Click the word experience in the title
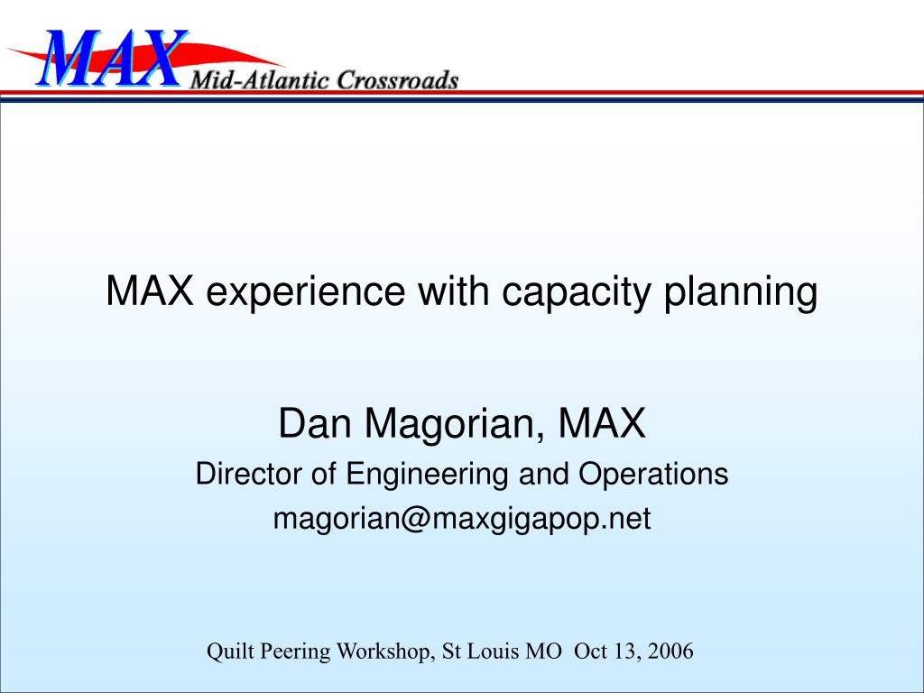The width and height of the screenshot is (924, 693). [305, 291]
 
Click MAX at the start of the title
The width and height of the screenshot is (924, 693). [150, 291]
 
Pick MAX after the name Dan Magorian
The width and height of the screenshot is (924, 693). [602, 423]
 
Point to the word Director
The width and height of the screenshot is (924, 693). [248, 474]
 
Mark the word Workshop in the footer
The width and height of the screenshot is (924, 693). [386, 651]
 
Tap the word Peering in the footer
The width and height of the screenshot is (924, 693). [295, 652]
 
